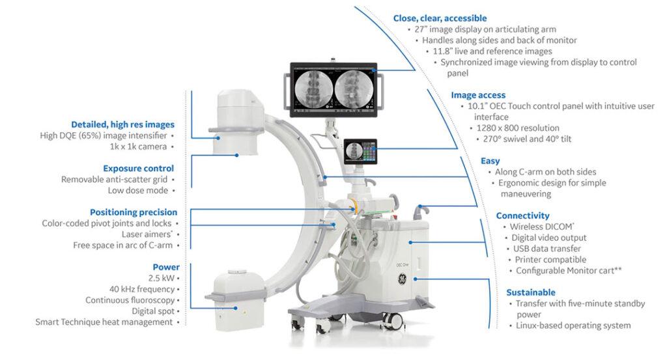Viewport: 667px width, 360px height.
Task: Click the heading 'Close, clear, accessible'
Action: point(440,18)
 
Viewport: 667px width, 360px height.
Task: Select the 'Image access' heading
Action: point(478,95)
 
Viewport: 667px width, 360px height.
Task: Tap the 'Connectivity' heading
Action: point(522,215)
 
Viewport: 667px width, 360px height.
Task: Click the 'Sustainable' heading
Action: point(531,292)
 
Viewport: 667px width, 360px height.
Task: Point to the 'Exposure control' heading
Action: point(138,168)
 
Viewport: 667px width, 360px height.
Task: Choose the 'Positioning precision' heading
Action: point(134,212)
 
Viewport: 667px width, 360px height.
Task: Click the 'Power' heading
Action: point(166,267)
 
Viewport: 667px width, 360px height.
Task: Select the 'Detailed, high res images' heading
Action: point(123,124)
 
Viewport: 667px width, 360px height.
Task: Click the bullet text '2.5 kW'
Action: point(158,278)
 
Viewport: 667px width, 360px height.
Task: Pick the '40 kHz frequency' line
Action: point(141,289)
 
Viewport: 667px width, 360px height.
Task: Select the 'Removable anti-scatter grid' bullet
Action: point(115,179)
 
